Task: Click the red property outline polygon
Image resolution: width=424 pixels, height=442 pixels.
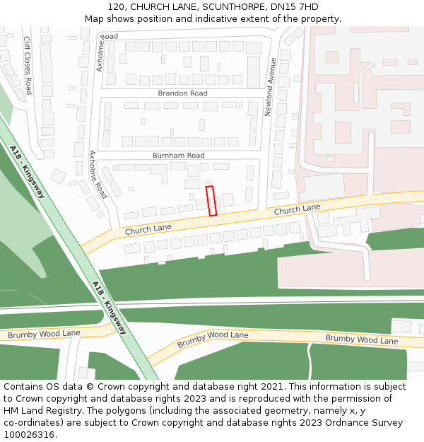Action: coord(211,201)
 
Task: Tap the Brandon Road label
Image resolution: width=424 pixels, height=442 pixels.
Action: coord(182,93)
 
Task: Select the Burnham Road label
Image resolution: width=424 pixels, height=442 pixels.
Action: coord(178,155)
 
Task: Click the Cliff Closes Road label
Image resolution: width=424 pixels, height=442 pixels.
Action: coord(28,65)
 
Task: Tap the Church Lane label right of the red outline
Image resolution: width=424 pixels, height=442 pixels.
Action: coord(297,209)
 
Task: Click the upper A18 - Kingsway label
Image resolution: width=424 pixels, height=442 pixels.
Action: coord(28,172)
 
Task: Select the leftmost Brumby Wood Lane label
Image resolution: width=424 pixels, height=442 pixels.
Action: coord(44,333)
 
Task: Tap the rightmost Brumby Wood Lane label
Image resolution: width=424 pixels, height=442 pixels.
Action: coord(361,339)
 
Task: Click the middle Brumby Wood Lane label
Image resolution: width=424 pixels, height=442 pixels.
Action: coord(213,339)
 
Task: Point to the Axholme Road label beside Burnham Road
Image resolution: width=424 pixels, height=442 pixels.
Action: coord(98,174)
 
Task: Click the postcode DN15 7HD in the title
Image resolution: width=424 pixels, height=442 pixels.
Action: coord(294,7)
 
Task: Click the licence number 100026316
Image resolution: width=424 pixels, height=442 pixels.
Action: coord(29,434)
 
